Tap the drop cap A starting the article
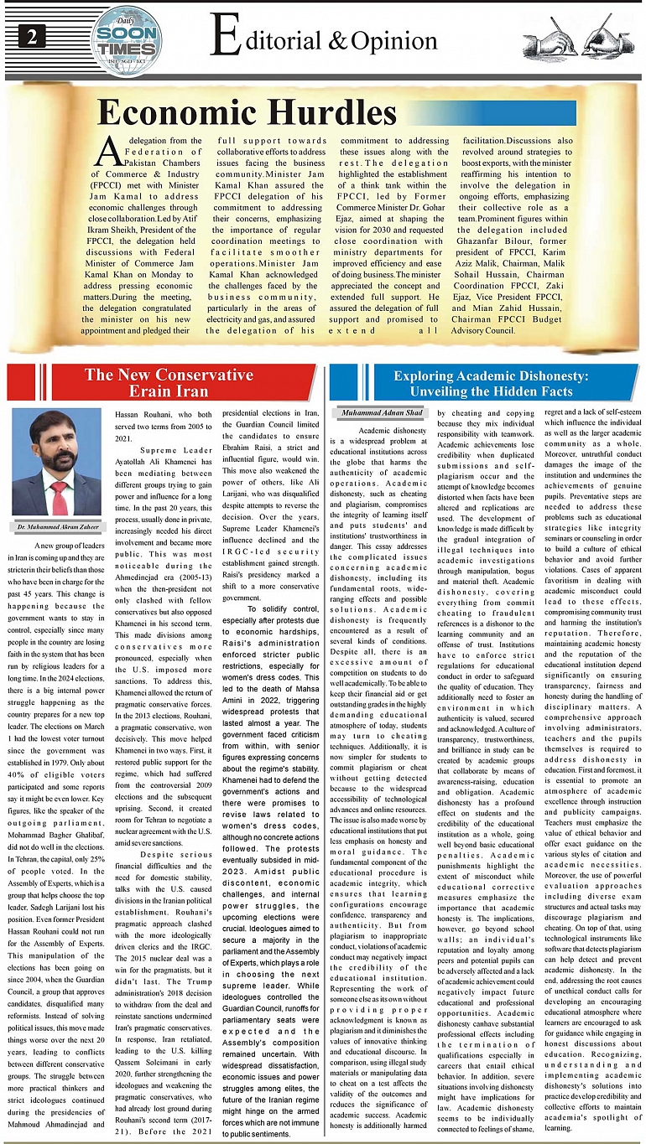pos(107,152)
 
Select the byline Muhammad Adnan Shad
pos(382,412)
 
